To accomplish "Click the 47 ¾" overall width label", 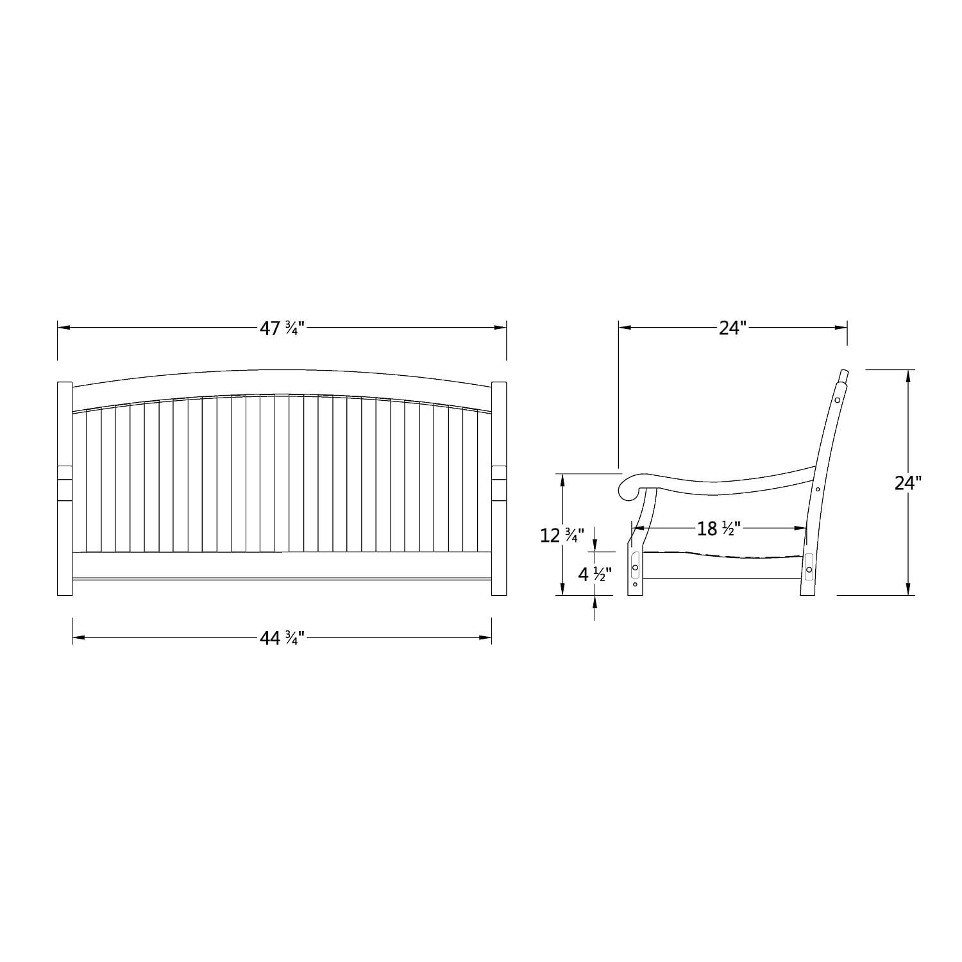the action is point(281,328).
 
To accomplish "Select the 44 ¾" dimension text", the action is point(281,638).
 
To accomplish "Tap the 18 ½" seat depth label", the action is point(718,528).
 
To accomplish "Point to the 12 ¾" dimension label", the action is point(562,535).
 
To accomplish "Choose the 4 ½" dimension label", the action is point(595,574).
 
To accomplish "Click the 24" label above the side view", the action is point(733,328).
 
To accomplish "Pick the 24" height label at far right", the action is point(908,482).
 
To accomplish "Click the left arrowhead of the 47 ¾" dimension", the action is point(63,328).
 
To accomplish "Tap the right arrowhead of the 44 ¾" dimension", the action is point(485,637).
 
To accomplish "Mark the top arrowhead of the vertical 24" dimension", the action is point(908,376).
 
